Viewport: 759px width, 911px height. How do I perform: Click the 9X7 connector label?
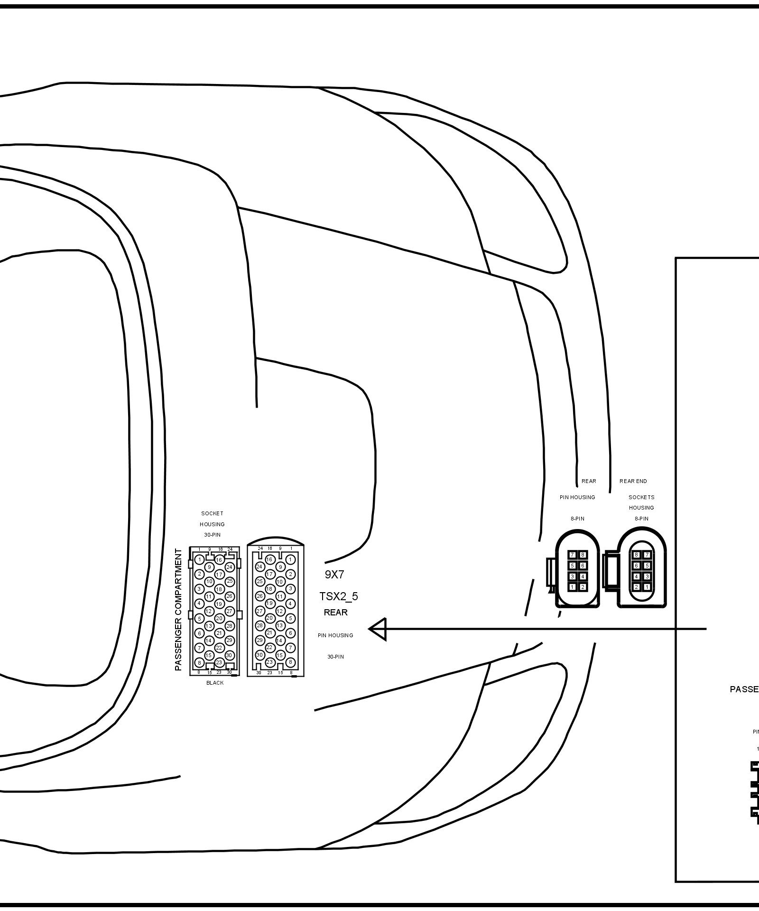[x=334, y=575]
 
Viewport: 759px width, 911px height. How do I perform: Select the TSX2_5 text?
[x=339, y=596]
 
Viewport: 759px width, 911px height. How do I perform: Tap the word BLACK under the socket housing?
[x=215, y=683]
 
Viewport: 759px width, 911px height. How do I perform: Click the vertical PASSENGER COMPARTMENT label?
[x=178, y=610]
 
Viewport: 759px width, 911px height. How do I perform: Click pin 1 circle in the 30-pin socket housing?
[x=200, y=560]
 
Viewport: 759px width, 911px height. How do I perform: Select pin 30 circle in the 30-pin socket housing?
[x=229, y=655]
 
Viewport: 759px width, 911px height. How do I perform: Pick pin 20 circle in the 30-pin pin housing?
[x=269, y=618]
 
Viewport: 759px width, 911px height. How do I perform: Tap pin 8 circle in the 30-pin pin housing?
[x=290, y=662]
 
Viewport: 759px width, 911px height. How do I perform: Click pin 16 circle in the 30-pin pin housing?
[x=269, y=559]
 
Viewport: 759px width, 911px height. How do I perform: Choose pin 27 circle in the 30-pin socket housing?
[x=230, y=611]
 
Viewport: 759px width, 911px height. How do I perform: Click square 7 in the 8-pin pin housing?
[x=573, y=555]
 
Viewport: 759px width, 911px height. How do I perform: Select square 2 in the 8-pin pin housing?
[x=583, y=587]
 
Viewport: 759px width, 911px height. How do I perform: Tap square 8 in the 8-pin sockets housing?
[x=637, y=555]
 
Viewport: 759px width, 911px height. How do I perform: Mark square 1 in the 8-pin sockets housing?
[x=647, y=587]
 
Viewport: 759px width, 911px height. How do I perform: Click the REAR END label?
[x=633, y=481]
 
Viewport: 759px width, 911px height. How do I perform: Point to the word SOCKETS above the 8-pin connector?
[x=641, y=497]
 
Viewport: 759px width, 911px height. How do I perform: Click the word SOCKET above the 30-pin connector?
[x=212, y=513]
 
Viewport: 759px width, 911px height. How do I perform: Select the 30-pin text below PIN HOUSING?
[x=335, y=657]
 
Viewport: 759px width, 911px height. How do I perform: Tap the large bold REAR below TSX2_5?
[x=336, y=613]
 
